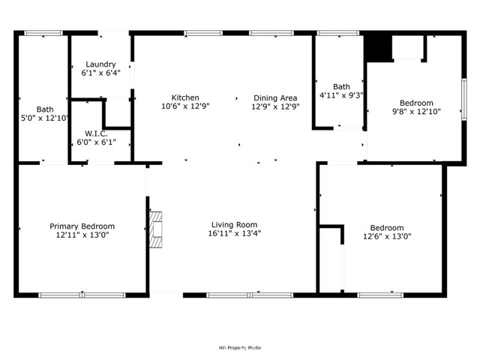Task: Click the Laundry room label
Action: click(100, 64)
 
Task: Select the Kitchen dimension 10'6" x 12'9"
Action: click(185, 106)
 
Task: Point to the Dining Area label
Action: click(275, 97)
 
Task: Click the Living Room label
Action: click(234, 224)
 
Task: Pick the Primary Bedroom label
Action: click(82, 226)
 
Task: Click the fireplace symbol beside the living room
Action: click(155, 229)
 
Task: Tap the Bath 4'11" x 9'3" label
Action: click(341, 86)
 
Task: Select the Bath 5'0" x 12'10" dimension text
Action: click(45, 118)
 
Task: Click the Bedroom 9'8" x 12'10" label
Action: click(415, 103)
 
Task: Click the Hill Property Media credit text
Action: click(239, 348)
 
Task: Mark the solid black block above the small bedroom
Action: click(379, 48)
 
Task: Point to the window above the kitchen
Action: click(197, 33)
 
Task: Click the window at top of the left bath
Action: click(43, 33)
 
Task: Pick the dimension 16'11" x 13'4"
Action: click(235, 234)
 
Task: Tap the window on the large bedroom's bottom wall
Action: click(381, 295)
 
